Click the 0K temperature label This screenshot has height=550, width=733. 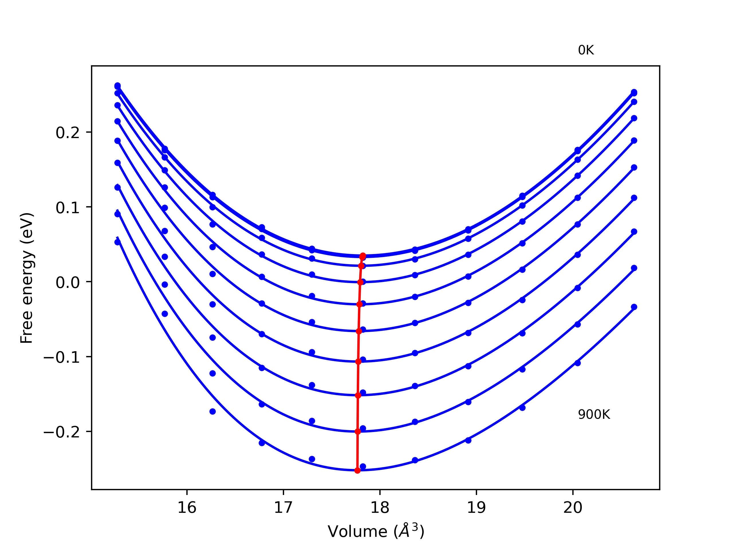coord(586,50)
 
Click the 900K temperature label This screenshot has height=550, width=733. coord(594,415)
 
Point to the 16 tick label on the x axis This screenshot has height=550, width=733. coord(187,508)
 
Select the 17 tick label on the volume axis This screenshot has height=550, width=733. coord(283,508)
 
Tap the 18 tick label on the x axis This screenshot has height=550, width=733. coord(380,508)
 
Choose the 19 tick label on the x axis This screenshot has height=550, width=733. coord(476,508)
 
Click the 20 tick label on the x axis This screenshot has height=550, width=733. coord(573,508)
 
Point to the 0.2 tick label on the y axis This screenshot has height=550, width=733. coord(68,133)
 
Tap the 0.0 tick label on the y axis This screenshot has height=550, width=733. coord(68,283)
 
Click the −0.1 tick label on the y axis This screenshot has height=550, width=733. coord(62,358)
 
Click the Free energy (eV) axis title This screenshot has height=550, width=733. coord(27,278)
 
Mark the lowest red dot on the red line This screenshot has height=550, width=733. coord(357,470)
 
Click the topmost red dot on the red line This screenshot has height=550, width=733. coord(362,256)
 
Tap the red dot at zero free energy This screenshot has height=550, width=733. coord(360,282)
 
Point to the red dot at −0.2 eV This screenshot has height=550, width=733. coord(358,431)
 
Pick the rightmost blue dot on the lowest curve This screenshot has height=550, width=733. coord(634,307)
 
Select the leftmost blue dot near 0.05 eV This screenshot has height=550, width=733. coord(117,242)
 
